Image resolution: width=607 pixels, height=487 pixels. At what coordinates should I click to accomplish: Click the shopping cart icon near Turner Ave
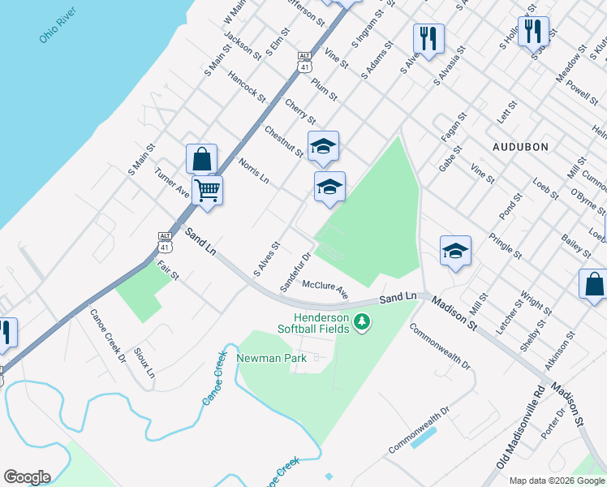(208, 191)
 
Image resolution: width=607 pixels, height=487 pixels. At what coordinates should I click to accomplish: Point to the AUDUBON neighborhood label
(520, 147)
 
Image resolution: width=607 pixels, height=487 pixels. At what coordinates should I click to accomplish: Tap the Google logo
(27, 477)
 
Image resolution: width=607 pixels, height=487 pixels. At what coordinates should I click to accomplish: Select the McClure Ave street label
(325, 290)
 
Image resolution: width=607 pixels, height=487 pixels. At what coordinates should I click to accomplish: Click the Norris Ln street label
(253, 170)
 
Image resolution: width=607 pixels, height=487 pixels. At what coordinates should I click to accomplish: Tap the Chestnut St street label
(283, 140)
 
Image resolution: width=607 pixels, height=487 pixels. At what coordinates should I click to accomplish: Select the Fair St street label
(167, 270)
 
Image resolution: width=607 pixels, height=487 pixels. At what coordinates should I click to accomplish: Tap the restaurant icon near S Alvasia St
(428, 37)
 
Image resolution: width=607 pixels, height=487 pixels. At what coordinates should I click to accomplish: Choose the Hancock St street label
(247, 86)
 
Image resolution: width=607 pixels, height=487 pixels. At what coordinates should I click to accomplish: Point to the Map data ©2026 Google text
(557, 480)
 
